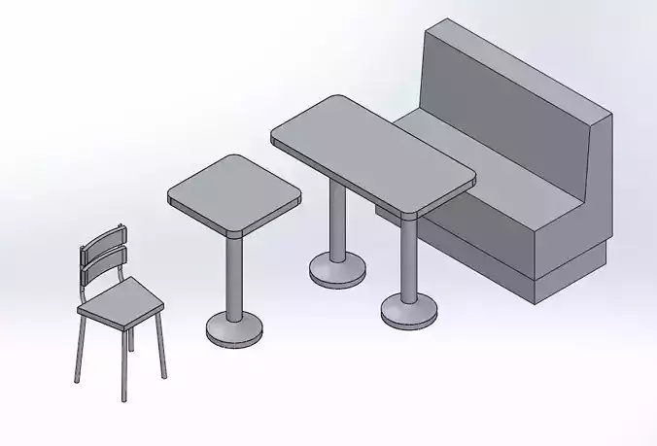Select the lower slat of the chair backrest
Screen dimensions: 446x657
104,261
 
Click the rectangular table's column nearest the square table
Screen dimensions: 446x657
337,223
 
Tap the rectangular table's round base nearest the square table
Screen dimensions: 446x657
337,270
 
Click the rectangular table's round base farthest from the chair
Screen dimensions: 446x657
408,311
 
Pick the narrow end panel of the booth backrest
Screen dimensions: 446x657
603,180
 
